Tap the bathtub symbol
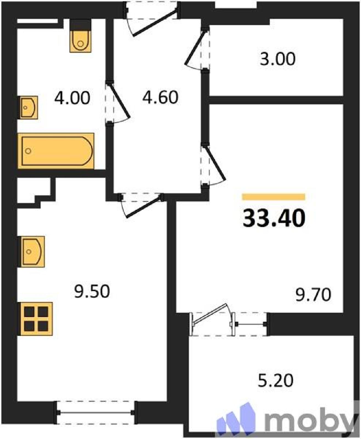[56, 151]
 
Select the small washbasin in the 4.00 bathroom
[29, 108]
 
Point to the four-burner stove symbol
[36, 319]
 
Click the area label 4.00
[72, 98]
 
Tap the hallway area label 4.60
[160, 97]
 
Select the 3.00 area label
[278, 59]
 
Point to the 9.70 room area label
[313, 294]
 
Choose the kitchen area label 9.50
[92, 291]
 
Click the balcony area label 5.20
[275, 381]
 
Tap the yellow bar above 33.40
[274, 197]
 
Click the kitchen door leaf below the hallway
[144, 206]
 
